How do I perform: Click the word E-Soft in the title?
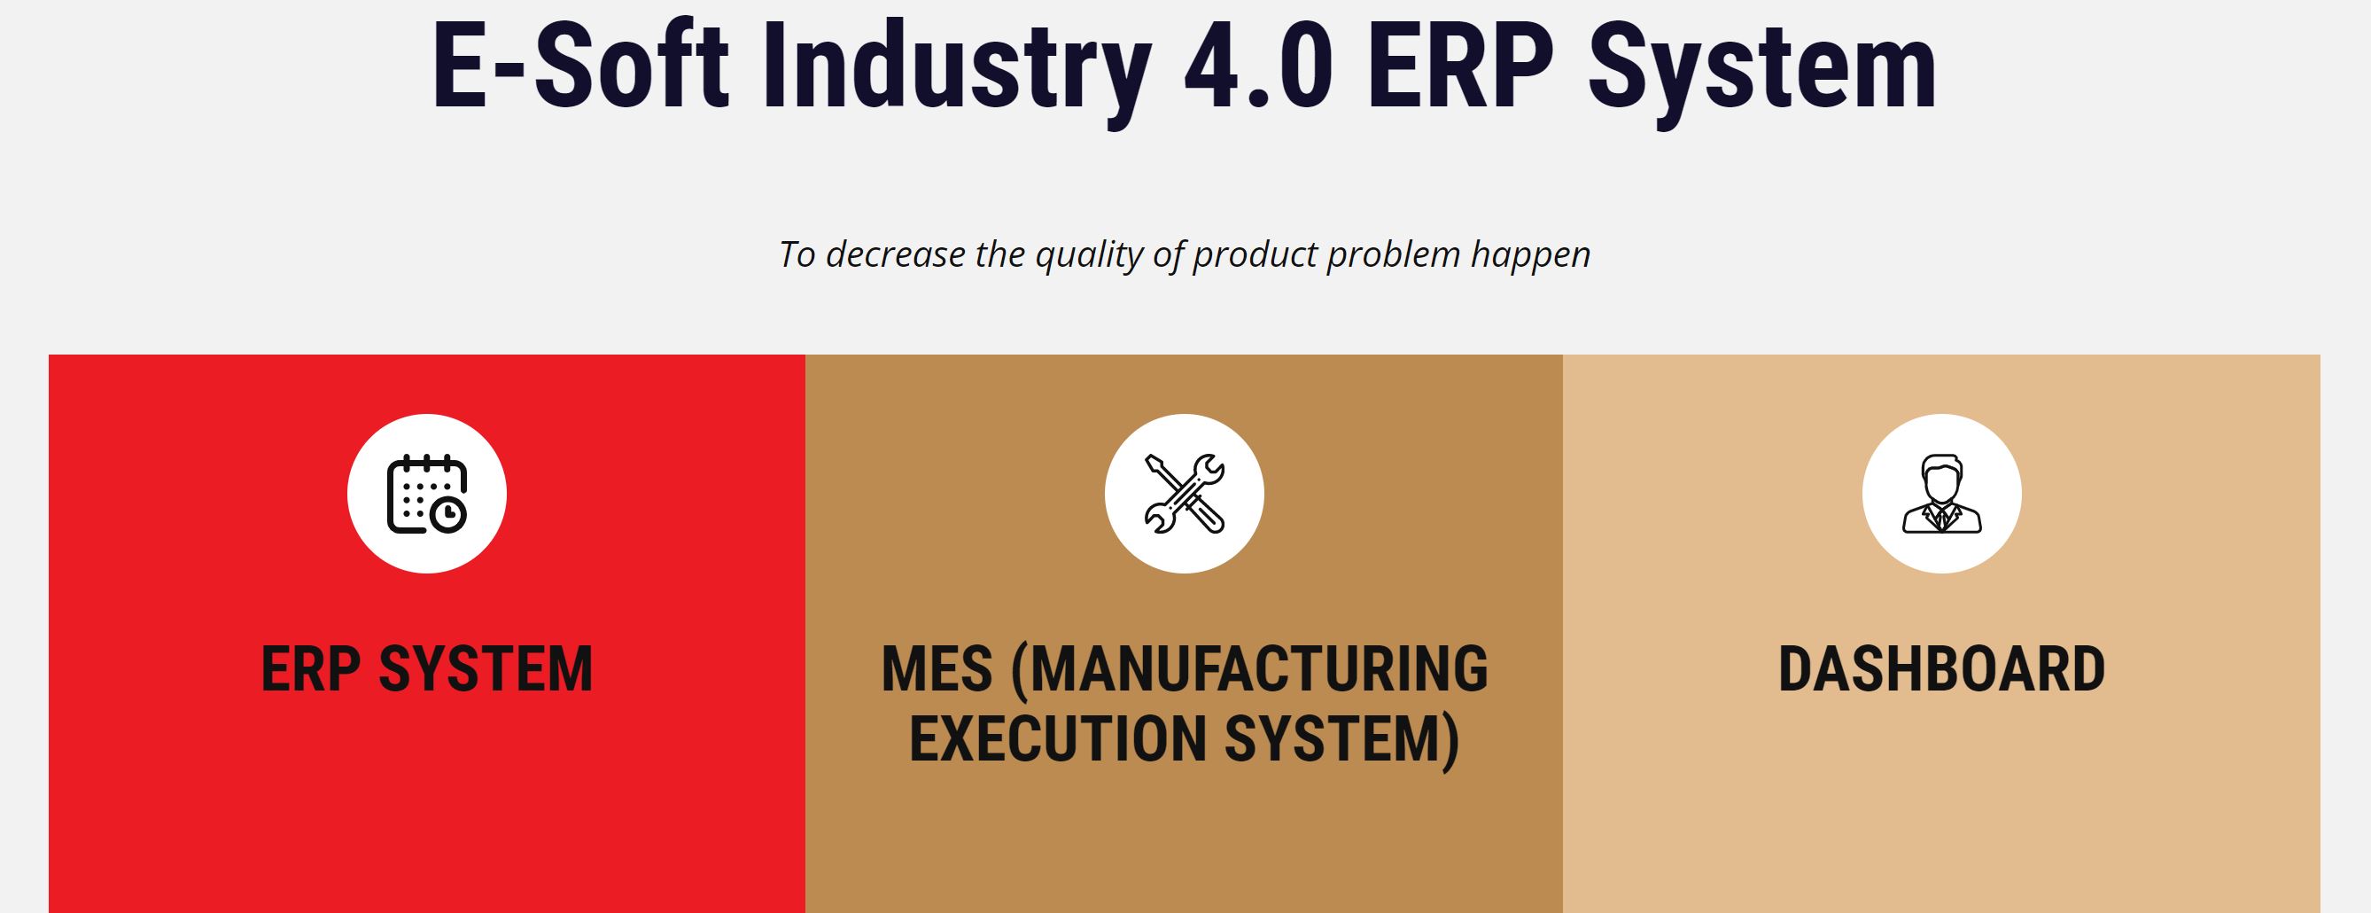coord(579,66)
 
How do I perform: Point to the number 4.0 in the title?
coord(1258,66)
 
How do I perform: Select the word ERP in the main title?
coord(1461,66)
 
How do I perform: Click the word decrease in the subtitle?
coord(896,254)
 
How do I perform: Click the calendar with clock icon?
coord(426,495)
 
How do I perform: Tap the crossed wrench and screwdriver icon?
coord(1185,495)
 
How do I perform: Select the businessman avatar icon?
coord(1942,495)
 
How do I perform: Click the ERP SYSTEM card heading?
coord(427,669)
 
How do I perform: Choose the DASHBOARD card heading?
coord(1942,669)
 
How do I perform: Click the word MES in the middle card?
coord(937,669)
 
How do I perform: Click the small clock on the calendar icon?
coord(448,515)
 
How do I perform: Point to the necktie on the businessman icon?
coord(1942,519)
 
